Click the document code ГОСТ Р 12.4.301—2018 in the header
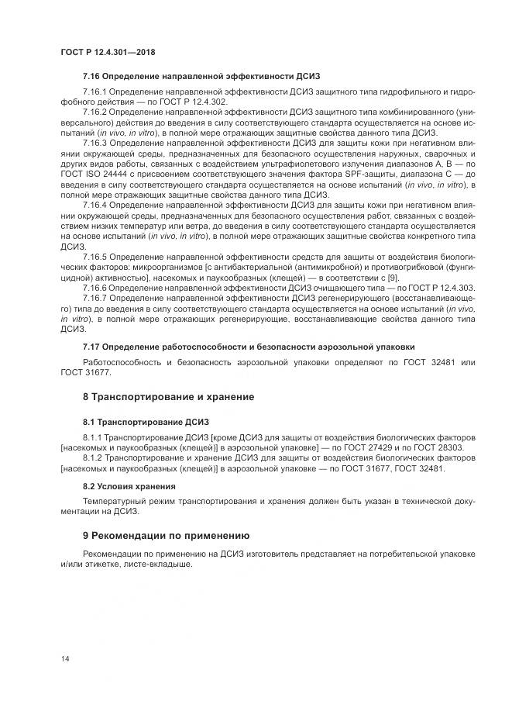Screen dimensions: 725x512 pyautogui.click(x=108, y=52)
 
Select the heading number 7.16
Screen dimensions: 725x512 pyautogui.click(x=92, y=77)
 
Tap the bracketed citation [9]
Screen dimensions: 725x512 pyautogui.click(x=393, y=276)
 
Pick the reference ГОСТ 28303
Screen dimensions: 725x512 pyautogui.click(x=439, y=448)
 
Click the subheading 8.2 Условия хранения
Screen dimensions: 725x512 pyautogui.click(x=129, y=485)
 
